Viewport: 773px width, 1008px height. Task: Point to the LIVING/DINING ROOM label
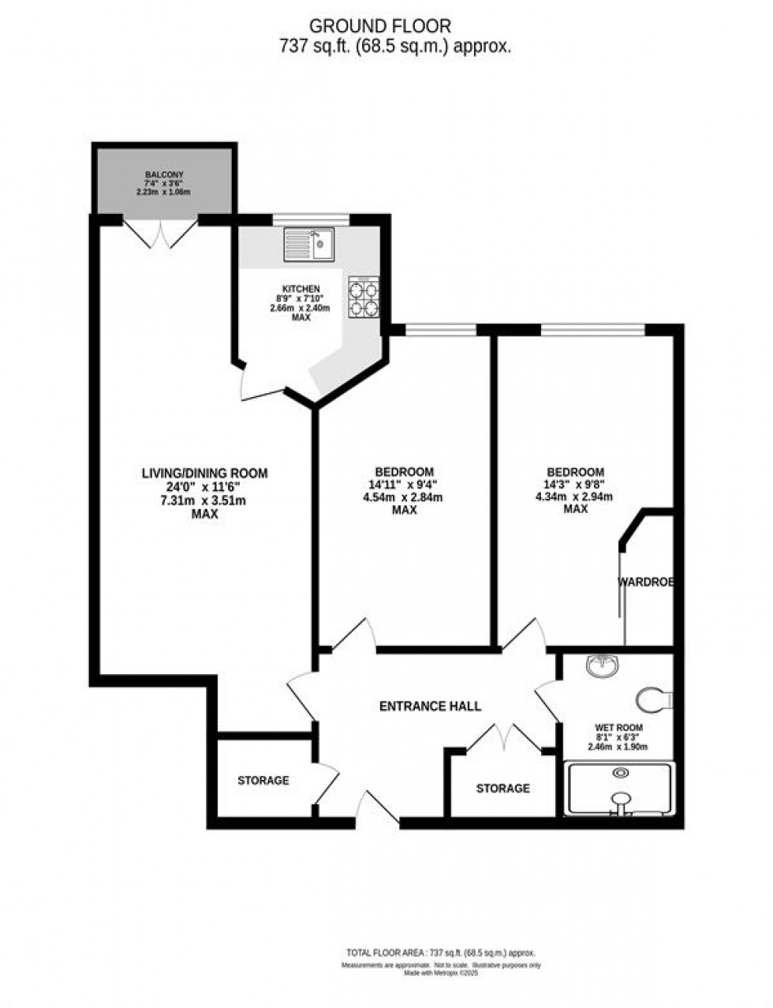[204, 474]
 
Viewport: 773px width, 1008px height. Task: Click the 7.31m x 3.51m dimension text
[204, 500]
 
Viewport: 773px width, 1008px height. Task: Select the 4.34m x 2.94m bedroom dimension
[576, 497]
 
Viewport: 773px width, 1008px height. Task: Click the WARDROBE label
[645, 583]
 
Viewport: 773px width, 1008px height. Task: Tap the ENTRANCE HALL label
[430, 706]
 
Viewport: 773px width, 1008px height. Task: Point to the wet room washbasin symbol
[604, 668]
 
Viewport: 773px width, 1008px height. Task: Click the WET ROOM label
[618, 728]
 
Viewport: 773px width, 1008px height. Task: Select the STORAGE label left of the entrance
[263, 781]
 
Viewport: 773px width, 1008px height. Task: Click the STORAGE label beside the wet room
[502, 789]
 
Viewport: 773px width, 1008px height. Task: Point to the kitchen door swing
[260, 384]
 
